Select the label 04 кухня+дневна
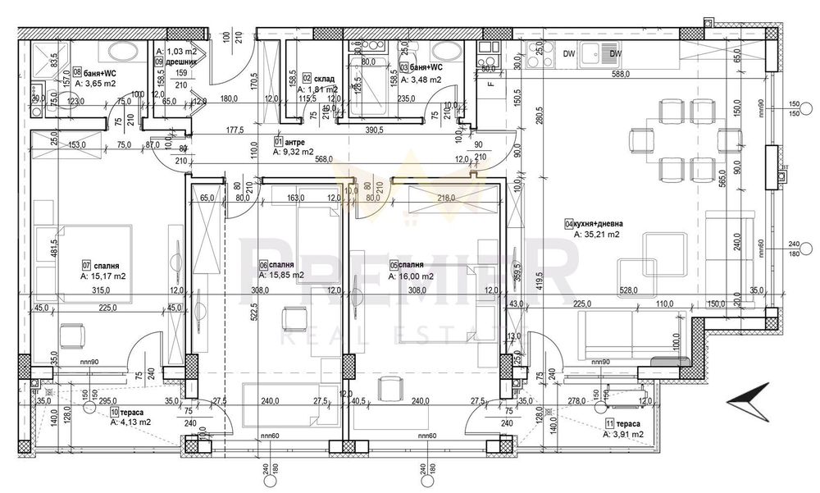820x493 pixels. pyautogui.click(x=599, y=222)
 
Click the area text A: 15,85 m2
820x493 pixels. pyautogui.click(x=281, y=276)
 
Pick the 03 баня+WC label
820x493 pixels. pyautogui.click(x=421, y=68)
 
